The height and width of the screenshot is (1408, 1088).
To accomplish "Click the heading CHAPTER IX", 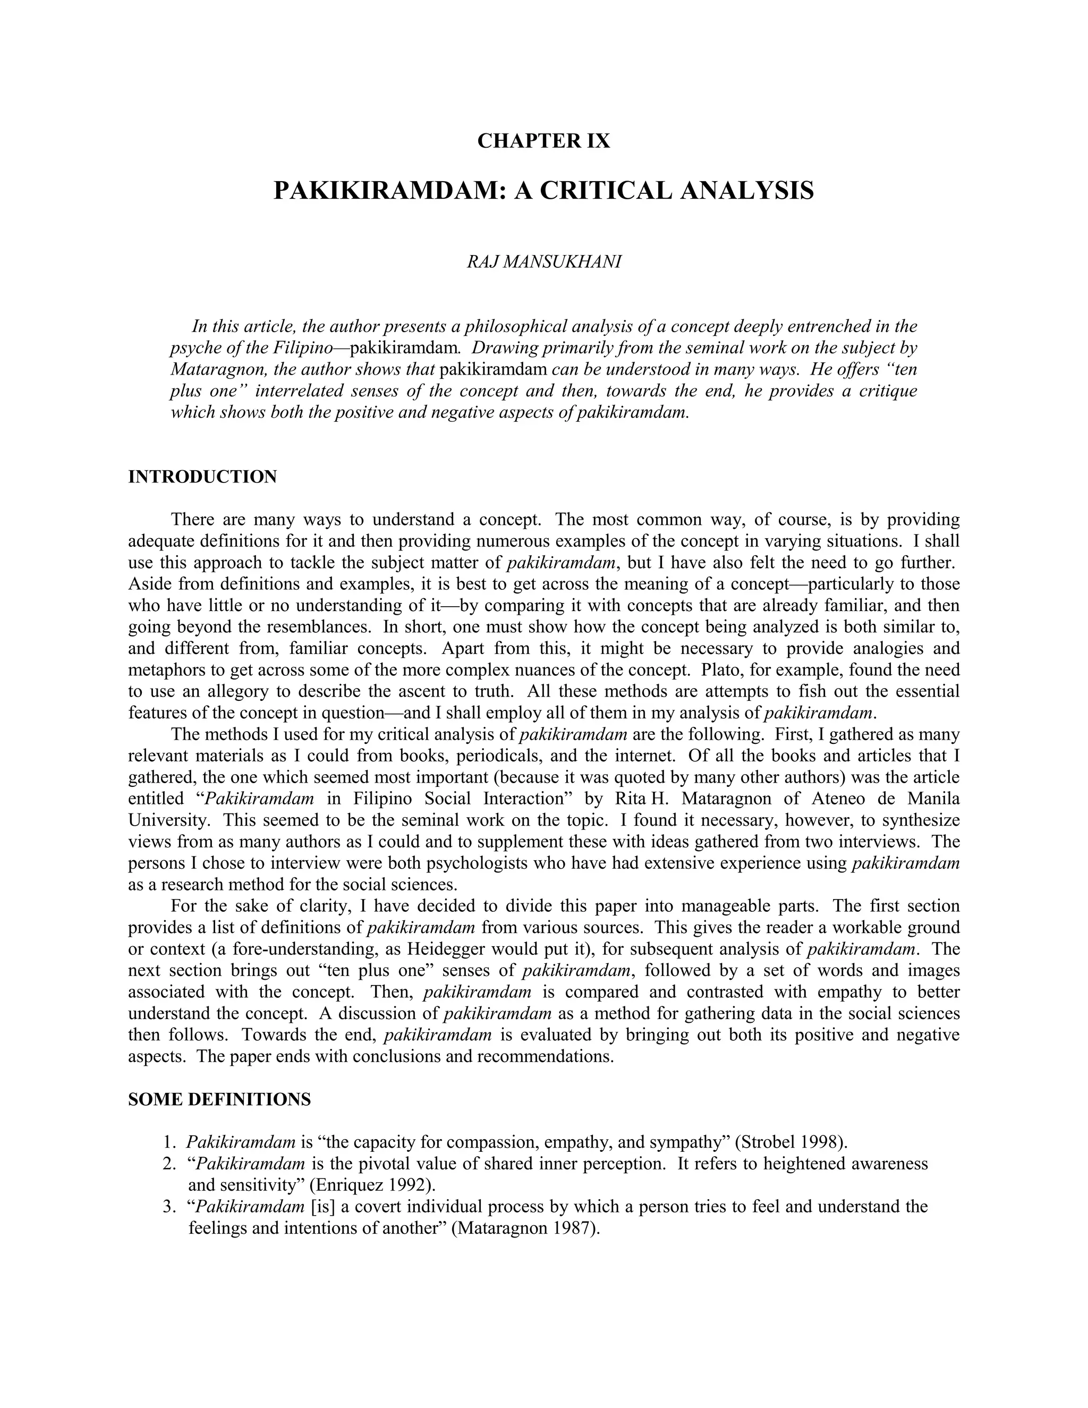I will point(543,141).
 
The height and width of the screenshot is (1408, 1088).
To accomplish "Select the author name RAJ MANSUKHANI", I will point(543,262).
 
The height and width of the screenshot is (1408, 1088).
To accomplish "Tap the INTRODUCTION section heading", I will point(202,477).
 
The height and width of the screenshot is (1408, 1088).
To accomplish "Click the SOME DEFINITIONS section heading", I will point(219,1099).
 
